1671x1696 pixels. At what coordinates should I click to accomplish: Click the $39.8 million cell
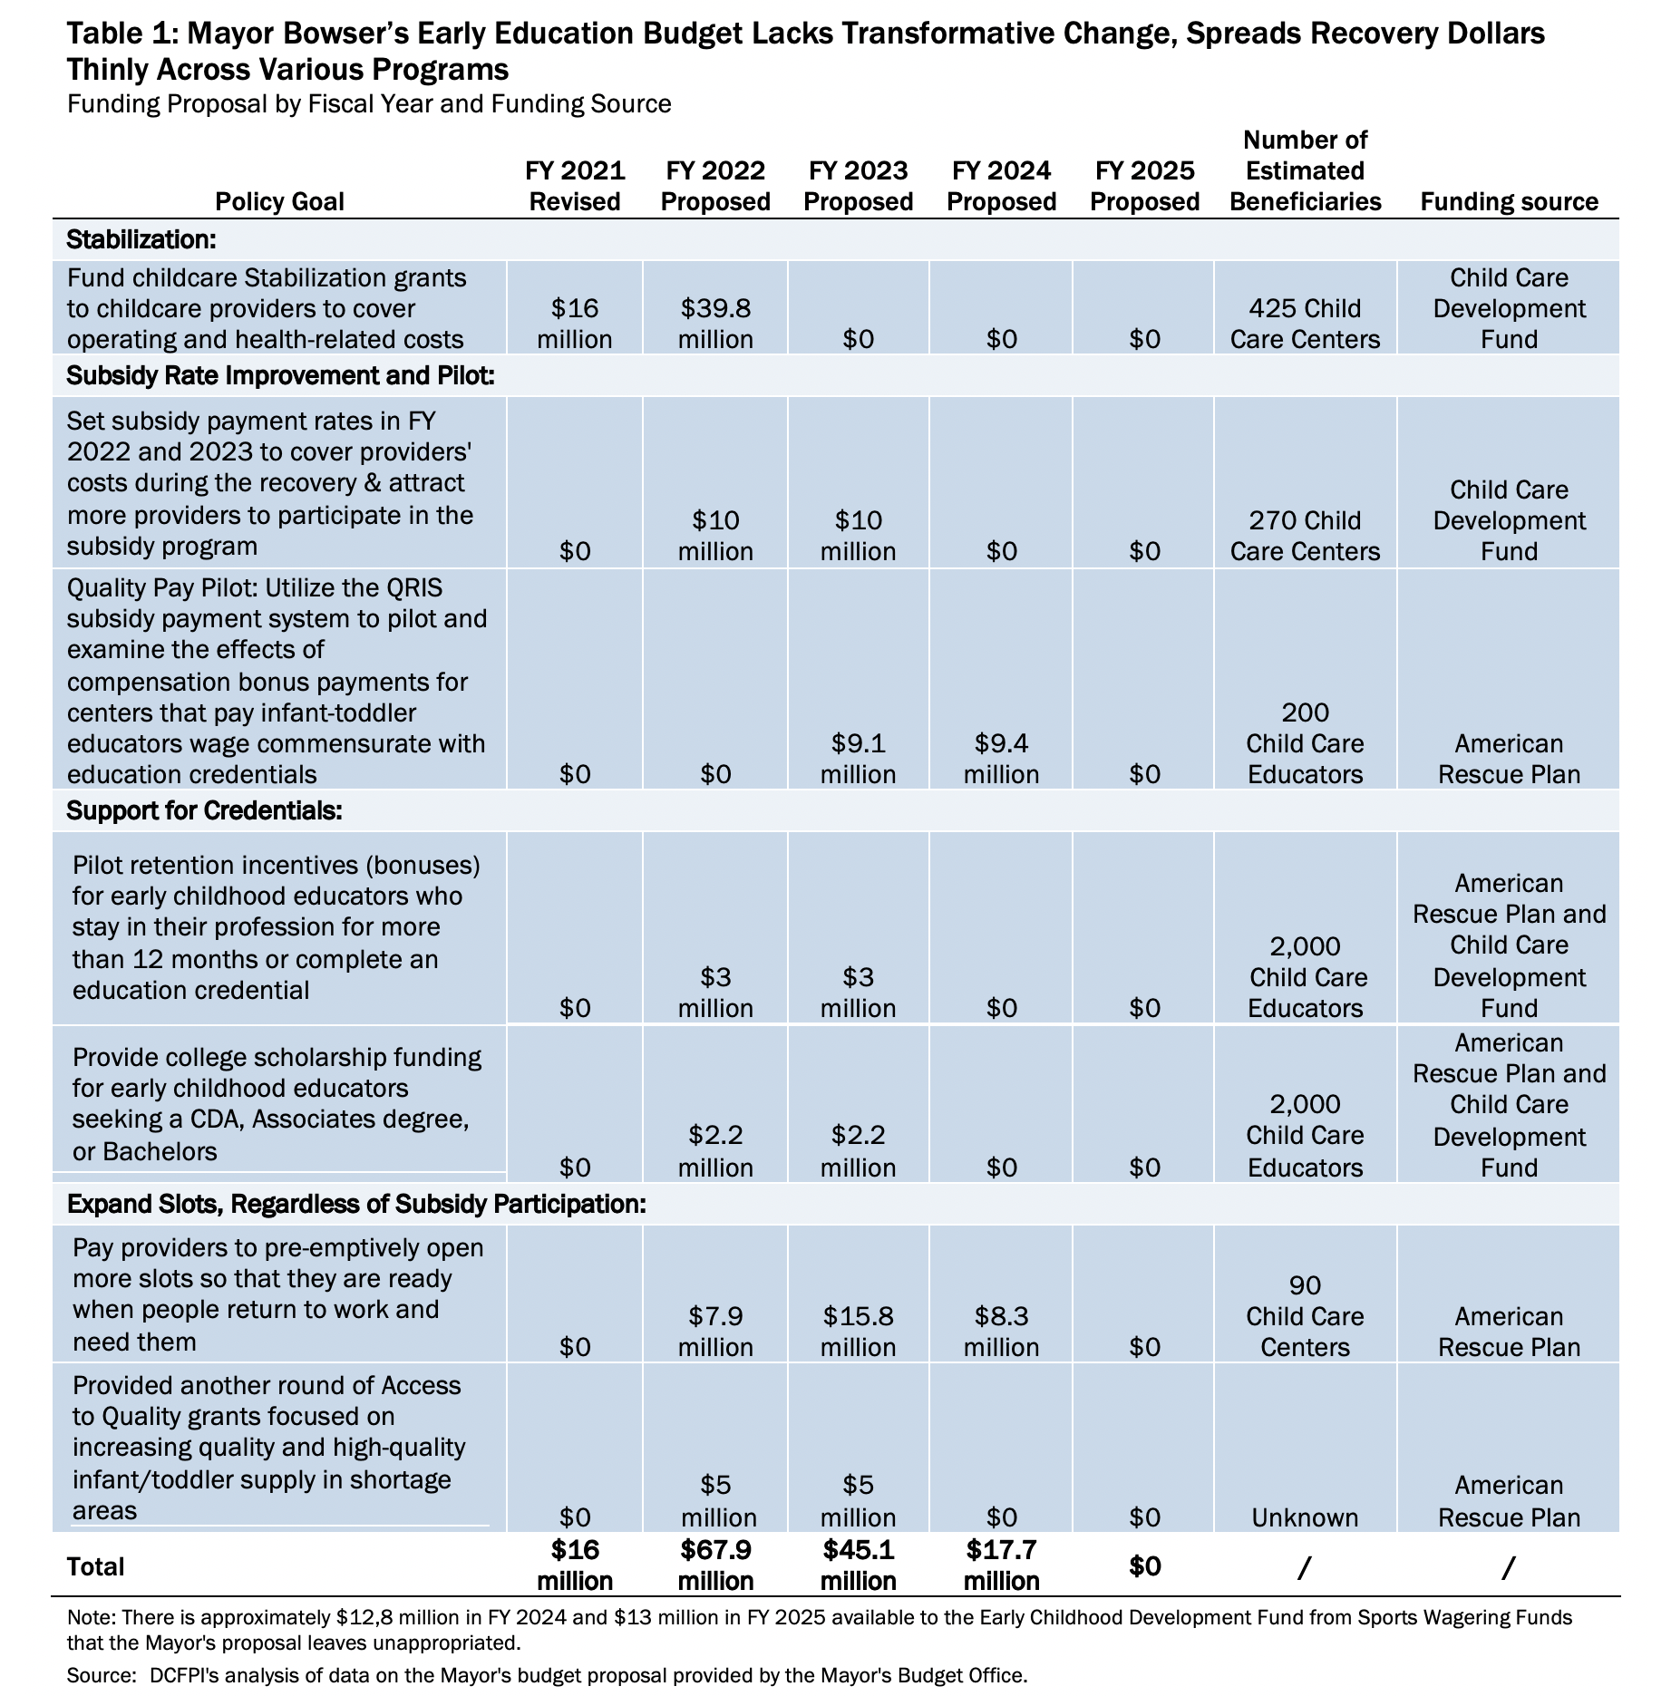tap(715, 325)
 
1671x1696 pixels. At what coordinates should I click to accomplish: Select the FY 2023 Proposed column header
tap(858, 186)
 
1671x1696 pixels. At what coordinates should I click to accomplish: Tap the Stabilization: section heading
tap(141, 240)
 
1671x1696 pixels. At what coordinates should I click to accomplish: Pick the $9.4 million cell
tap(1001, 759)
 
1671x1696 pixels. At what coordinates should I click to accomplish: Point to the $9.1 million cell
tap(858, 759)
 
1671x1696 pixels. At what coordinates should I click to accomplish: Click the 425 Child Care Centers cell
tap(1305, 325)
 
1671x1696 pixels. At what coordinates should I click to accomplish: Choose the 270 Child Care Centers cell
tap(1305, 537)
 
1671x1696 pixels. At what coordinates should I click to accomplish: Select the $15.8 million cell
tap(858, 1332)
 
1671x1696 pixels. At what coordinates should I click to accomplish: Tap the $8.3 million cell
tap(1001, 1332)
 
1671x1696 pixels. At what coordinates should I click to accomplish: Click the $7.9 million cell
tap(715, 1332)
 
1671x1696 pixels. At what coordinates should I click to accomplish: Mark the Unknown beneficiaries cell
tap(1305, 1517)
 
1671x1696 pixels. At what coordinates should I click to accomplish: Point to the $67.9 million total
tap(715, 1565)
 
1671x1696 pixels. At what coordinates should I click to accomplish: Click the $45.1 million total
tap(858, 1565)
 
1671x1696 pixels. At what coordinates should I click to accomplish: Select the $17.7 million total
tap(1001, 1565)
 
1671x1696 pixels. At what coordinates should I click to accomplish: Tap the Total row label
tap(95, 1566)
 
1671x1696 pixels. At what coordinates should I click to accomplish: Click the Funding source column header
tap(1509, 201)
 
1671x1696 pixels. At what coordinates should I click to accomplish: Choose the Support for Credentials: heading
tap(204, 810)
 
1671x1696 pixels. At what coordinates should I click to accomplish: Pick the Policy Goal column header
tap(279, 201)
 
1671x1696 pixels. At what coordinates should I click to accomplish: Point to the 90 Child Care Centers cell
tap(1305, 1316)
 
